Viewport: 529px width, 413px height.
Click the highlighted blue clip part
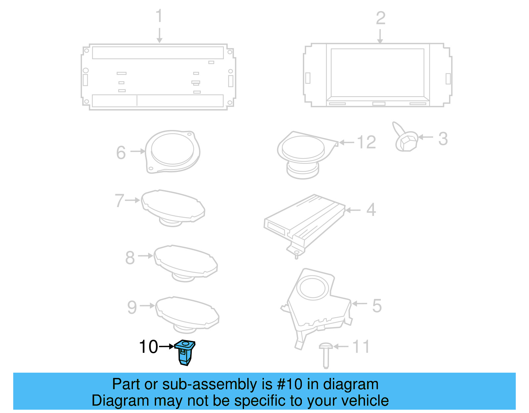click(x=185, y=353)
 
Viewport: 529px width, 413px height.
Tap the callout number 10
click(x=148, y=347)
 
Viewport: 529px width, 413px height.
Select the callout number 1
click(x=159, y=16)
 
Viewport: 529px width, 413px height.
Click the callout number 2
click(x=381, y=18)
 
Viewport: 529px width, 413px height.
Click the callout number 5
click(x=377, y=306)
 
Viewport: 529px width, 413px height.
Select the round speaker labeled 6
click(x=173, y=151)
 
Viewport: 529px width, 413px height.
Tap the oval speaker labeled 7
click(x=173, y=207)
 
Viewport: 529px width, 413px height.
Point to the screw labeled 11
click(x=325, y=355)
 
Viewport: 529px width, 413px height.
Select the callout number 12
click(x=366, y=143)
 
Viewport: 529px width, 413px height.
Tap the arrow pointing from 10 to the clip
click(x=166, y=347)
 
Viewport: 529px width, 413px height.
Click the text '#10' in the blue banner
click(x=290, y=384)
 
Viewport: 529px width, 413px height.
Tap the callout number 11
click(x=361, y=347)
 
